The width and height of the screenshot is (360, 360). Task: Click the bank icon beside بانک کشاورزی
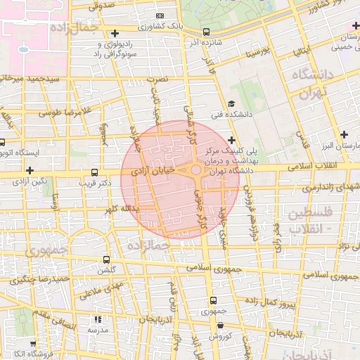(160, 15)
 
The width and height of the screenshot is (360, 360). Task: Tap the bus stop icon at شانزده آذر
(206, 32)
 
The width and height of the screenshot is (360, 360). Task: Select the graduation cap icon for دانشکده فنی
(231, 103)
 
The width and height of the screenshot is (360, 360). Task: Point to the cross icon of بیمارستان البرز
(344, 134)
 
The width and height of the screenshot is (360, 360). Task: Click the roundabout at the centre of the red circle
(195, 170)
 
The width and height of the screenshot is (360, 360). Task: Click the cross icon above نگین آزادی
(30, 169)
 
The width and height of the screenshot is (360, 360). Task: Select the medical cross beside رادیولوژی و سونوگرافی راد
(115, 33)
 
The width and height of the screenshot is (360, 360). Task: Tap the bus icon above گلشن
(106, 259)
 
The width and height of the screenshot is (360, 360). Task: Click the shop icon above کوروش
(221, 326)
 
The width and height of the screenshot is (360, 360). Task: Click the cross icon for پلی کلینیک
(231, 140)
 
